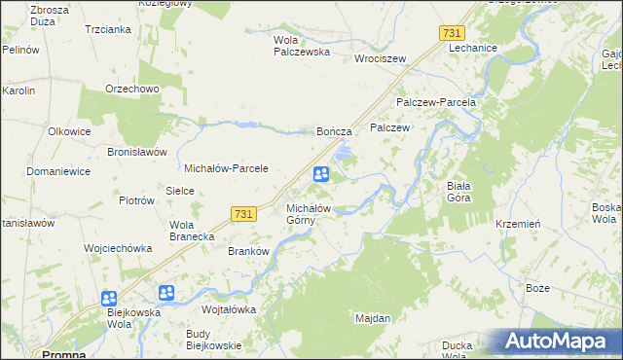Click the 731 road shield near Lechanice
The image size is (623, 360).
tap(451, 33)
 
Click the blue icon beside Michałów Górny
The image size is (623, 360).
tap(320, 174)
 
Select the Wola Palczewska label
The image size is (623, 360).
tap(303, 46)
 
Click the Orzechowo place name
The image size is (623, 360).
tap(132, 89)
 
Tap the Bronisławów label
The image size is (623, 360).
tap(138, 153)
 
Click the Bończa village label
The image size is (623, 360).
tap(334, 130)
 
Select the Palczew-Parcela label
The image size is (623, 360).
tap(435, 102)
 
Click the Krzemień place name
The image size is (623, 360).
tap(518, 223)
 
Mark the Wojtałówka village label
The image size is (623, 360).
tap(228, 309)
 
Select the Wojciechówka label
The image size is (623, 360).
tap(118, 248)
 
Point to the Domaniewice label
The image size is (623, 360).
tap(58, 171)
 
